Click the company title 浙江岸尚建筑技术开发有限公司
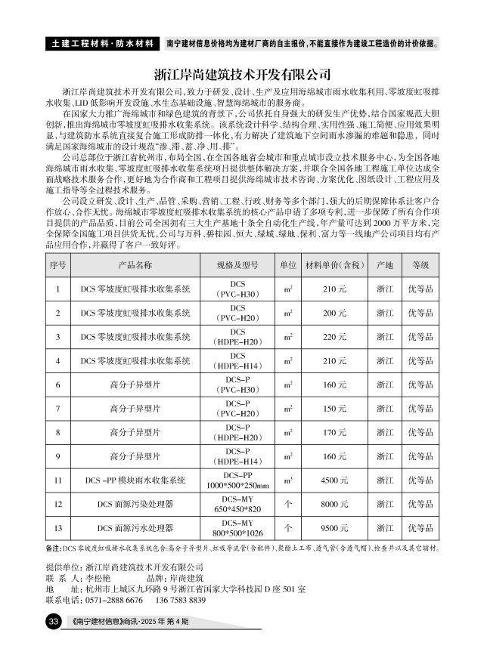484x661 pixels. [242, 76]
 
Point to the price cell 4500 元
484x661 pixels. [334, 480]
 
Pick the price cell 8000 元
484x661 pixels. [334, 503]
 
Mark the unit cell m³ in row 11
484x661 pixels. [287, 480]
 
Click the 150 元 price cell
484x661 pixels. [334, 409]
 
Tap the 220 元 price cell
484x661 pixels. [334, 336]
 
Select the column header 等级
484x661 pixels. [420, 265]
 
